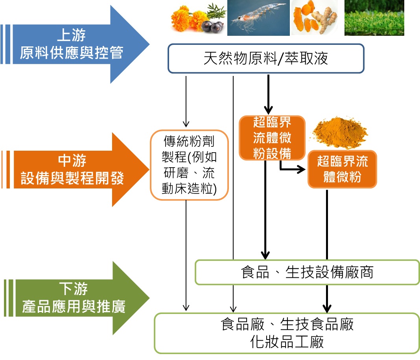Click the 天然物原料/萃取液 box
pyautogui.click(x=266, y=59)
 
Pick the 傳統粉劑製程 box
pyautogui.click(x=189, y=165)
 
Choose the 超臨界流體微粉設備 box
pyautogui.click(x=272, y=138)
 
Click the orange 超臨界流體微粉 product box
pyautogui.click(x=342, y=169)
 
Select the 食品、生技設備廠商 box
pyautogui.click(x=307, y=272)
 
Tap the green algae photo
pyautogui.click(x=374, y=18)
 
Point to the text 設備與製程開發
pyautogui.click(x=72, y=179)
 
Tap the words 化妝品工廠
pyautogui.click(x=287, y=342)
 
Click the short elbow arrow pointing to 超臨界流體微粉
pyautogui.click(x=293, y=170)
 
